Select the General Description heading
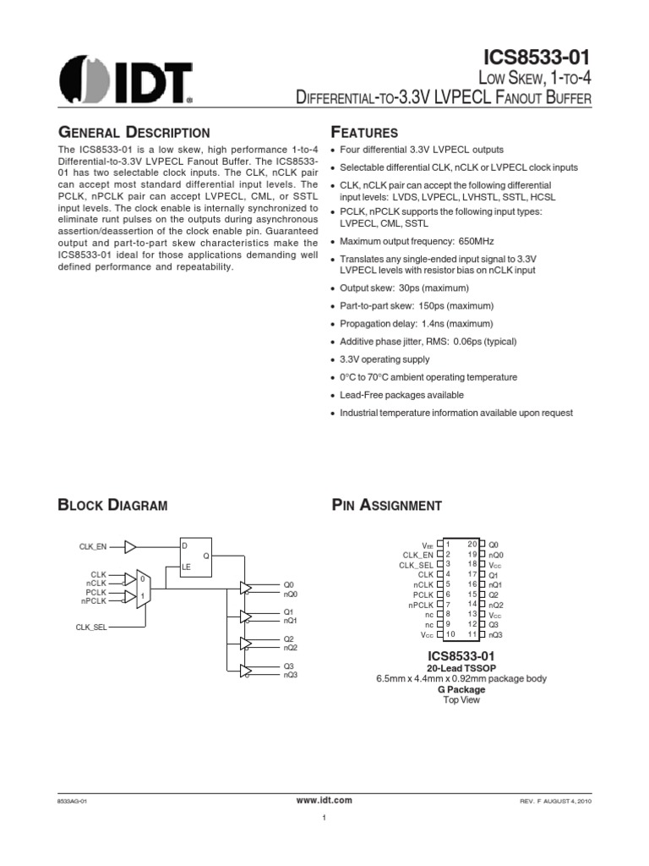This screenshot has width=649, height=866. pos(133,133)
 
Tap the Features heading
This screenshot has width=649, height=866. pos(364,133)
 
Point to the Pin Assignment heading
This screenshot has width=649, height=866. pos(386,506)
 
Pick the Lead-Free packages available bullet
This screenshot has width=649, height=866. pos(401,395)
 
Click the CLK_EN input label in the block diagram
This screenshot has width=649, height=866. pos(94,547)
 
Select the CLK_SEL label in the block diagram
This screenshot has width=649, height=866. pos(90,627)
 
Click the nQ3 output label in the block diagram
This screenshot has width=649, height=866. pos(290,674)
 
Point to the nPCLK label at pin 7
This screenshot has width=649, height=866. pos(418,605)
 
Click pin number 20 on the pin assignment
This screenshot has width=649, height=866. pos(472,543)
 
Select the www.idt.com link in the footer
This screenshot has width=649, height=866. pos(324,799)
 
